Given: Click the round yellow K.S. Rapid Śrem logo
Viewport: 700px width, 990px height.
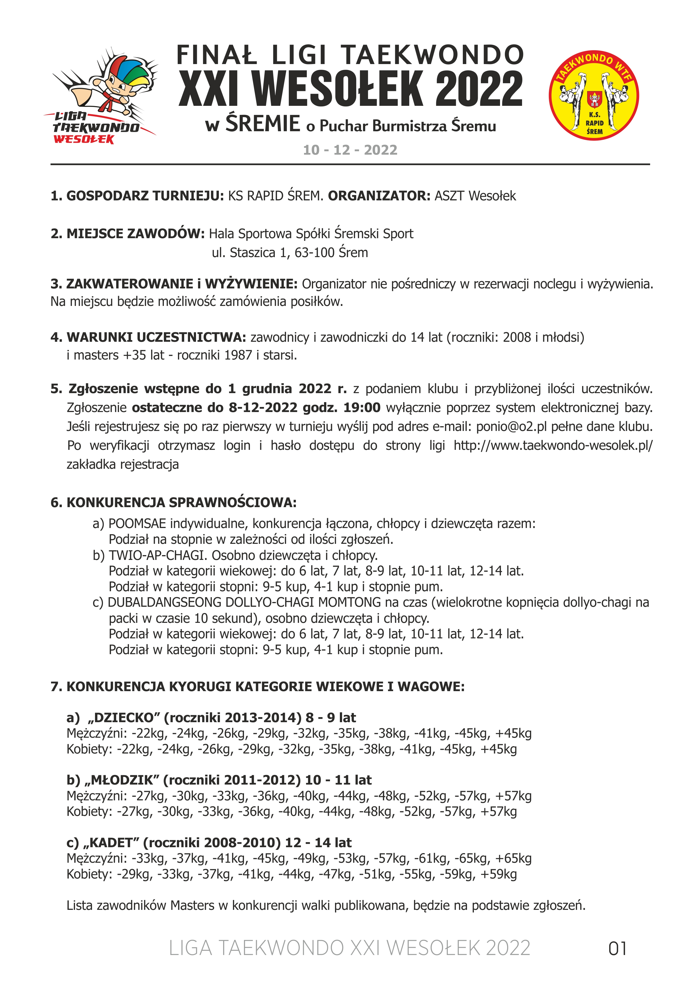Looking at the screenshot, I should (x=594, y=96).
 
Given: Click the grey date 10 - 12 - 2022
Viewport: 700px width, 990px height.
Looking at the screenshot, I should (x=350, y=150).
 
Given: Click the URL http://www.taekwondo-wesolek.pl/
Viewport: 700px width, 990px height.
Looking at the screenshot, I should (x=553, y=445).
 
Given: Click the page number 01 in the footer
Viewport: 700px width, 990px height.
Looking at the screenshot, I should (x=617, y=949).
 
